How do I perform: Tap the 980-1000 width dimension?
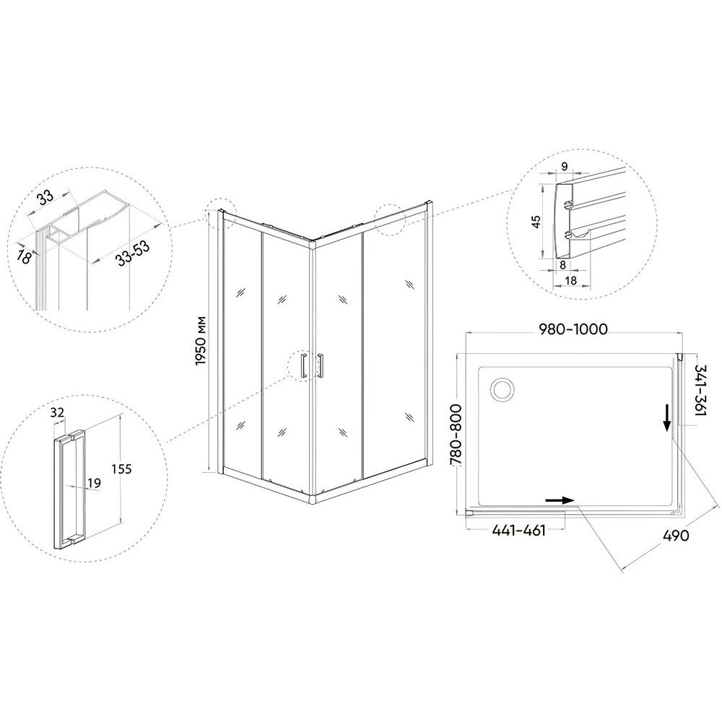pos(573,329)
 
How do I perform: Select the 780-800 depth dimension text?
pos(456,435)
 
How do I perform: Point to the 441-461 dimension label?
pos(519,531)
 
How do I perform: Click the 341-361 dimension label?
pos(702,391)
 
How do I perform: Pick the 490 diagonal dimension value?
pos(676,536)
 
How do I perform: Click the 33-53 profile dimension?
pos(133,253)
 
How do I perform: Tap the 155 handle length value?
pos(121,469)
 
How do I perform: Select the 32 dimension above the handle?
pos(57,412)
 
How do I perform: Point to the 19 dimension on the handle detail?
pos(94,483)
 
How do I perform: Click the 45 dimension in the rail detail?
pos(536,221)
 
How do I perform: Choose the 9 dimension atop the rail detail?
pos(565,166)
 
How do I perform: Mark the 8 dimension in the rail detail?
pos(562,265)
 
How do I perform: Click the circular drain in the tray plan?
pos(503,390)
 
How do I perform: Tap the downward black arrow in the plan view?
pos(666,418)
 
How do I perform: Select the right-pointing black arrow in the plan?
pos(559,500)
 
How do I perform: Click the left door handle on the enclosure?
pos(303,366)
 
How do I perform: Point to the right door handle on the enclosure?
pos(320,365)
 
